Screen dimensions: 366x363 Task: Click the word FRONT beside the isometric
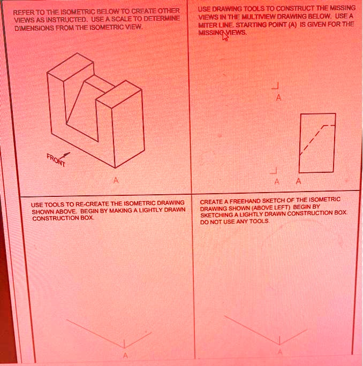pos(55,160)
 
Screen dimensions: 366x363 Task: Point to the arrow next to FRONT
pos(66,154)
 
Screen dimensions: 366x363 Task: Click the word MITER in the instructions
pos(208,25)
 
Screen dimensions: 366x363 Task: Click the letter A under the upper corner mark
pos(278,98)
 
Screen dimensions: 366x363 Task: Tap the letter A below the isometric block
pos(114,180)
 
